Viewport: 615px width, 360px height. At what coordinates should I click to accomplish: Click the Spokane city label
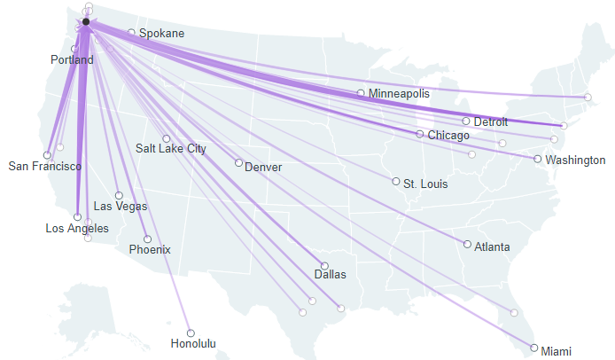tap(162, 34)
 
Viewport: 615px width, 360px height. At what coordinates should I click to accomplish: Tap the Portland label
tap(72, 60)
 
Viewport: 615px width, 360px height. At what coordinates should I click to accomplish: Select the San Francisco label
tap(45, 166)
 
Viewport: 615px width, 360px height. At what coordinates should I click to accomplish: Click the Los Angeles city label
tap(77, 229)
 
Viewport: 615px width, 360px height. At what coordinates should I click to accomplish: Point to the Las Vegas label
tap(121, 207)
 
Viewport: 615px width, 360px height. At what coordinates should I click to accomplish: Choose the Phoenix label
tap(150, 250)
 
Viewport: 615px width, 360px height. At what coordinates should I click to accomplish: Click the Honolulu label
tap(194, 344)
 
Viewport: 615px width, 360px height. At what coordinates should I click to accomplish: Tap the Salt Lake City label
tap(171, 149)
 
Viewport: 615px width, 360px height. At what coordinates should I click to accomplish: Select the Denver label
tap(264, 167)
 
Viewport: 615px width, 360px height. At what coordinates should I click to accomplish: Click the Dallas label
tap(331, 275)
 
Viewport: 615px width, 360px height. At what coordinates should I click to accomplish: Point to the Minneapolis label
tap(399, 93)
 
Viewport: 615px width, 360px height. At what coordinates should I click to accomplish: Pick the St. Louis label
tap(425, 184)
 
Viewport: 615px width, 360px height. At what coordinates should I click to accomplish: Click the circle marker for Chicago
tap(420, 134)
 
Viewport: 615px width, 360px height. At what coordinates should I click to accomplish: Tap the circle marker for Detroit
tap(466, 121)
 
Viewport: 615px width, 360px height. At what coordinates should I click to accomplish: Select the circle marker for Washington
tap(538, 160)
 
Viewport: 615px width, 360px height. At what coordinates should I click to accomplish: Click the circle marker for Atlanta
tap(468, 244)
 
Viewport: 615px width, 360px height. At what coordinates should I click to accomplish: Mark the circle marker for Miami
tap(533, 348)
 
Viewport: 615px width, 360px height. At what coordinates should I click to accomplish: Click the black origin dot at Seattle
tap(85, 21)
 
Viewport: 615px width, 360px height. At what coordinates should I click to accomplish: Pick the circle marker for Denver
tap(238, 162)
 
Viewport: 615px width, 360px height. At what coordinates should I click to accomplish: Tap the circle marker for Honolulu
tap(191, 333)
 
